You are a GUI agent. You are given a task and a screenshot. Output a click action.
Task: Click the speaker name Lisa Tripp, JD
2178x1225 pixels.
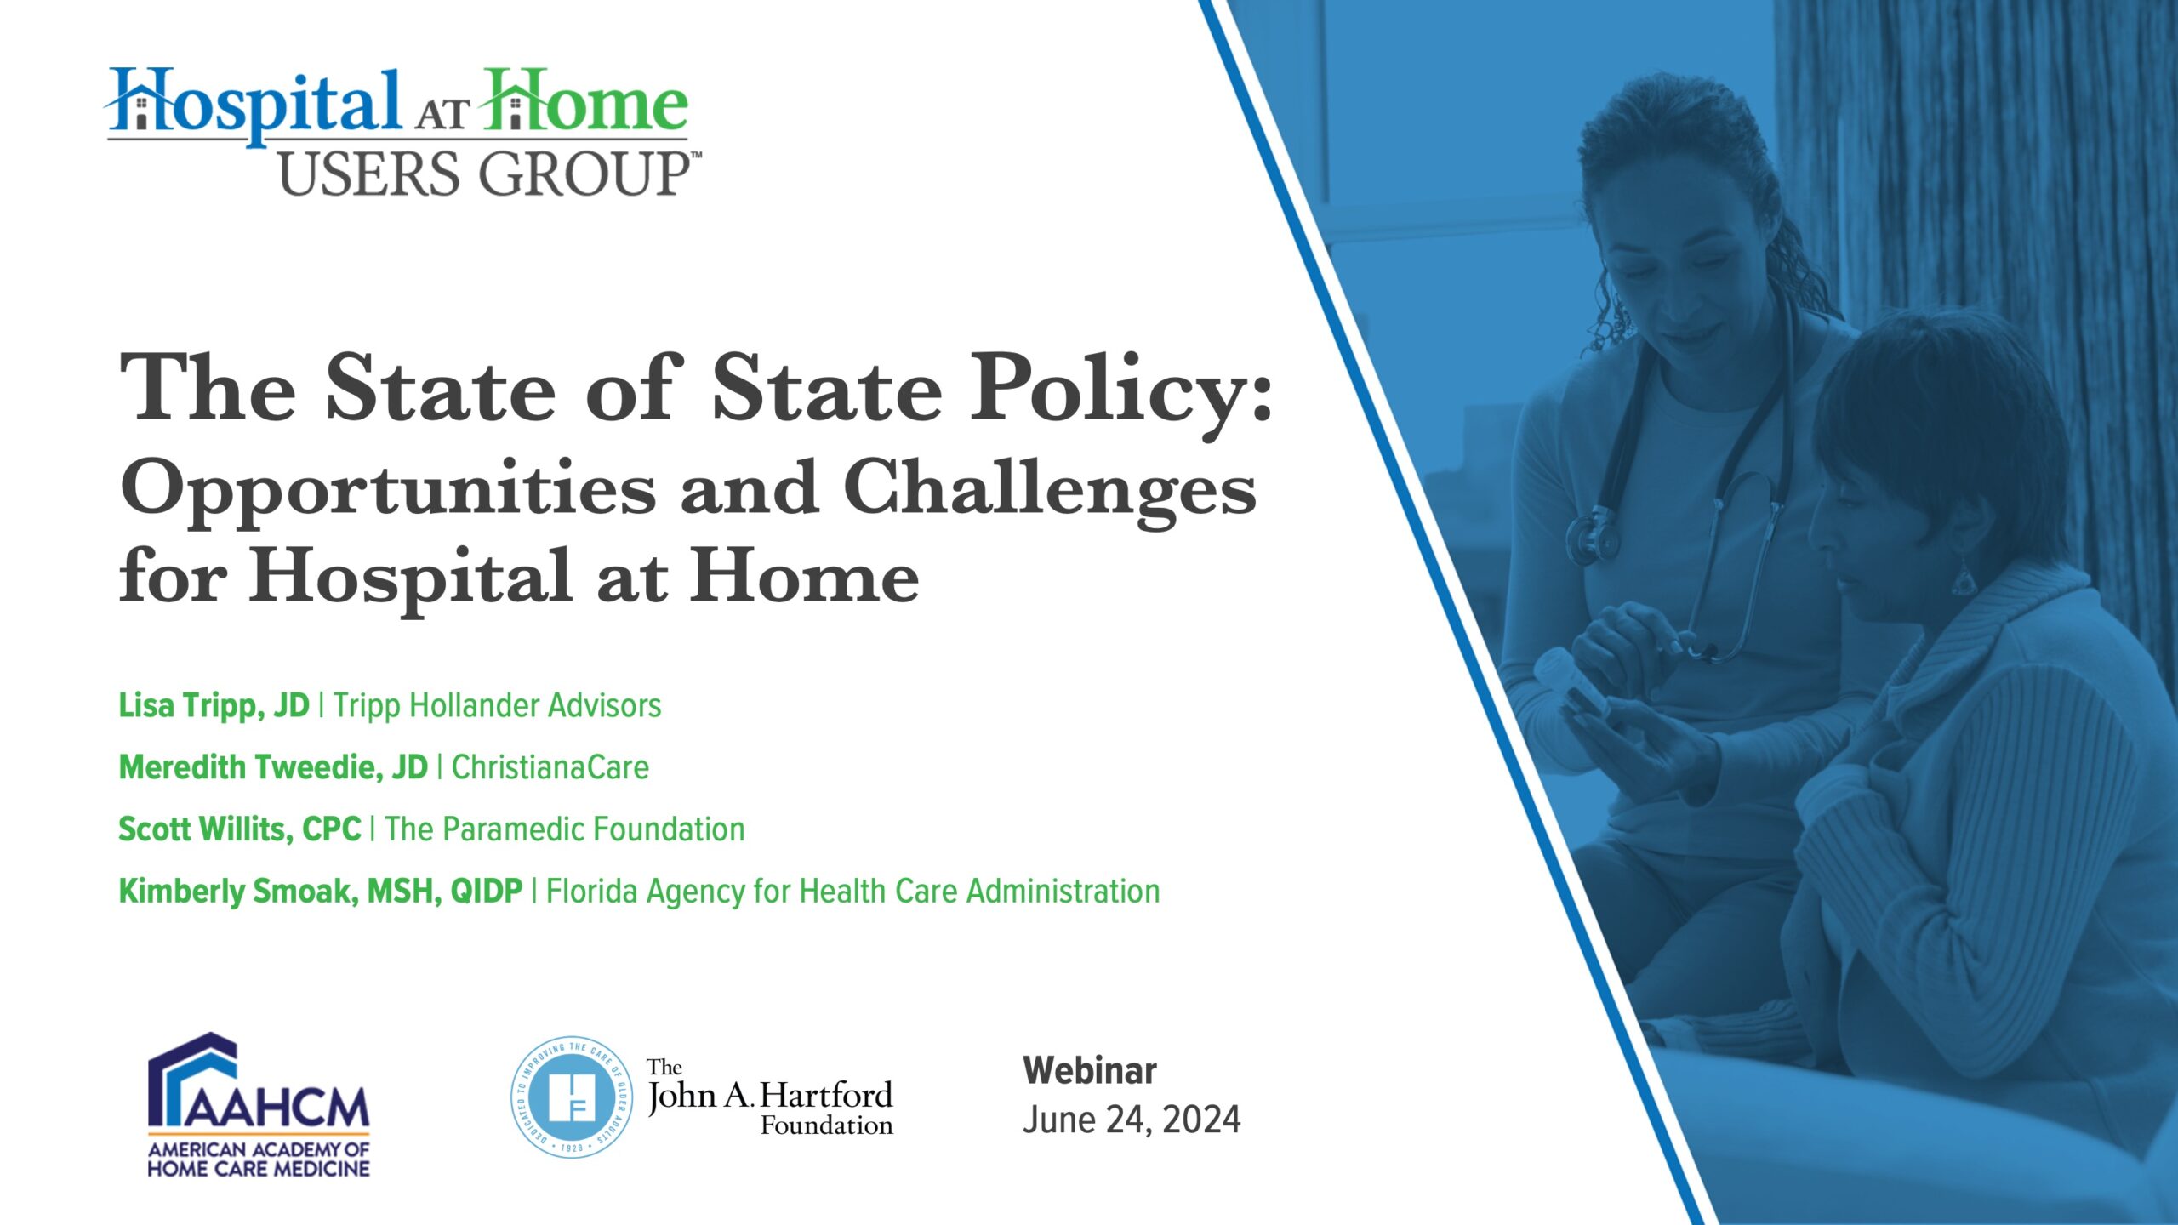click(x=214, y=706)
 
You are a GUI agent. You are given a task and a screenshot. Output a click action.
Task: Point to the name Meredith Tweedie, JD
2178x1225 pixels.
click(x=273, y=767)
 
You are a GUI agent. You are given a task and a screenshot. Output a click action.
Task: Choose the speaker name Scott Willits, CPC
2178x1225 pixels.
click(x=240, y=829)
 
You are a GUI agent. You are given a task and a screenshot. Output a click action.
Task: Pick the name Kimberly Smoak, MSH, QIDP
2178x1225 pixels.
click(x=321, y=892)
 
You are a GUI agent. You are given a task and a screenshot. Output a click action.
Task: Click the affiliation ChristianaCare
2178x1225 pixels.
click(x=550, y=767)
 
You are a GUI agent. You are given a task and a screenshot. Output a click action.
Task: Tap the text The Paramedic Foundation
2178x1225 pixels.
click(x=565, y=829)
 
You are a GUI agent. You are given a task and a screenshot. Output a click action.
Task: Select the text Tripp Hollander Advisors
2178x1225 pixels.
click(x=497, y=706)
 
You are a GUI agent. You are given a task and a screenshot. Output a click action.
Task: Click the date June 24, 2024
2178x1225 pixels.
click(x=1132, y=1120)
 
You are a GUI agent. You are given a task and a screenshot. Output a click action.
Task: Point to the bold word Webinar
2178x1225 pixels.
click(x=1090, y=1070)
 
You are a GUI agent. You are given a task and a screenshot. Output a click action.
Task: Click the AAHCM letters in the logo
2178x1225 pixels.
click(x=277, y=1106)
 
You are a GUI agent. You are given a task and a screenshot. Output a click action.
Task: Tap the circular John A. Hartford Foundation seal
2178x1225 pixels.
click(x=571, y=1097)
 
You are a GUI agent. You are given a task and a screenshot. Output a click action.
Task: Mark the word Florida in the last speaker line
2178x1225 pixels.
click(x=591, y=892)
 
